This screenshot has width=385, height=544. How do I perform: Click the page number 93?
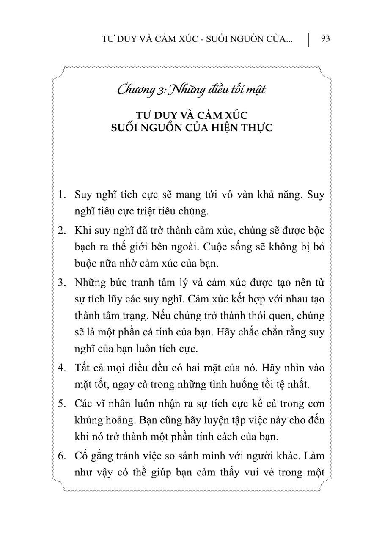click(325, 39)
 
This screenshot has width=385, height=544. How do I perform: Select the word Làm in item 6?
click(313, 456)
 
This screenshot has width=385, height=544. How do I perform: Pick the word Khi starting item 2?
click(82, 231)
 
